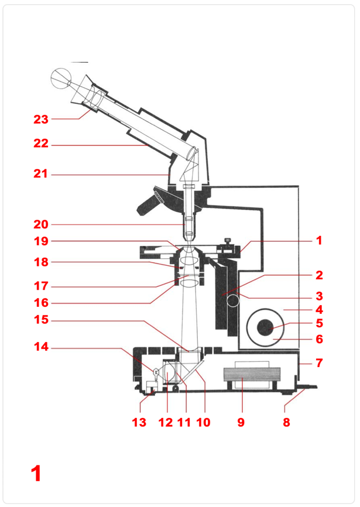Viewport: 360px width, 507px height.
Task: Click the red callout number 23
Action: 40,119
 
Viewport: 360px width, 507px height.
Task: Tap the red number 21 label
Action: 40,174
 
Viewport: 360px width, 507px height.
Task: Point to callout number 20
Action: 40,224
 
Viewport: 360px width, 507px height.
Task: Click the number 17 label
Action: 40,287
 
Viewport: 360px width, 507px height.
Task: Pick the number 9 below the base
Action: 241,422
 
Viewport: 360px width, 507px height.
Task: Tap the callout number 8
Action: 286,422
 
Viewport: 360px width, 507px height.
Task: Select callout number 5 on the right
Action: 319,323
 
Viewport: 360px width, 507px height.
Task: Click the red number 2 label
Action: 319,275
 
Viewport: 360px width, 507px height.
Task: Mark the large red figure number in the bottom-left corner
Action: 36,473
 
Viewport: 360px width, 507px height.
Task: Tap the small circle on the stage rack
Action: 233,302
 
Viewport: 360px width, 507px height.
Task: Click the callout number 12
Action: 166,422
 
